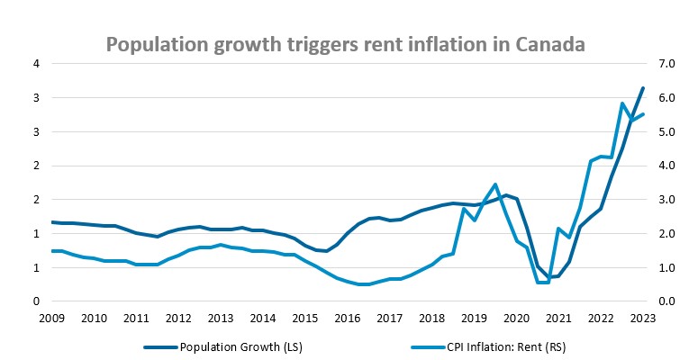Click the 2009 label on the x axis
53,318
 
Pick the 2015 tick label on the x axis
304,318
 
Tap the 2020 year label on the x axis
516,318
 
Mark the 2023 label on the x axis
642,318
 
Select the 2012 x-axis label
178,318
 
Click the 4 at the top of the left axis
36,64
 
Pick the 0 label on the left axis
36,301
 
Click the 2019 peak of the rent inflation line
495,184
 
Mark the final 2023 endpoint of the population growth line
642,88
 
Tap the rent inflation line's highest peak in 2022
622,103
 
